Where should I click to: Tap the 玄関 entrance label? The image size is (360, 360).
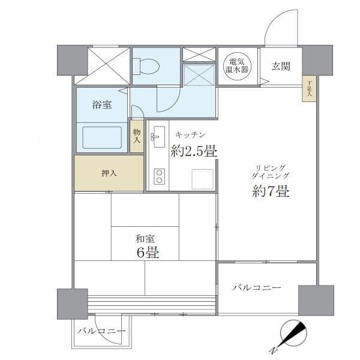pyautogui.click(x=281, y=66)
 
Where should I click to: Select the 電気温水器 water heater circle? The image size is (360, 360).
pyautogui.click(x=237, y=65)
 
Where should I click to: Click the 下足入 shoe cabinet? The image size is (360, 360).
pyautogui.click(x=310, y=89)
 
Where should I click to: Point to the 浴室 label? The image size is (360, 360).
pyautogui.click(x=101, y=104)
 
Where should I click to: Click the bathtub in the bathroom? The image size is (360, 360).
pyautogui.click(x=102, y=137)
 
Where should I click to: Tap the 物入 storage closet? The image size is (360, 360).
pyautogui.click(x=137, y=136)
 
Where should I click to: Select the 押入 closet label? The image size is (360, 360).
pyautogui.click(x=109, y=173)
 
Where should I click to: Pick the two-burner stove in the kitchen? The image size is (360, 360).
pyautogui.click(x=160, y=176)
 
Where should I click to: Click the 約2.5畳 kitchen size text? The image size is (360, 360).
pyautogui.click(x=194, y=151)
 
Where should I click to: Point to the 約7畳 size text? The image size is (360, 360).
pyautogui.click(x=271, y=192)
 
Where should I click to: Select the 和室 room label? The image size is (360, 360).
pyautogui.click(x=145, y=238)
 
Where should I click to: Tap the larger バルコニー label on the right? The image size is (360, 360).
pyautogui.click(x=257, y=288)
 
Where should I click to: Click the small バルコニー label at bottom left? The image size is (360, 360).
pyautogui.click(x=101, y=331)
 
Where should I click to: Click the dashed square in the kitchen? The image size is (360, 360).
pyautogui.click(x=202, y=179)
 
